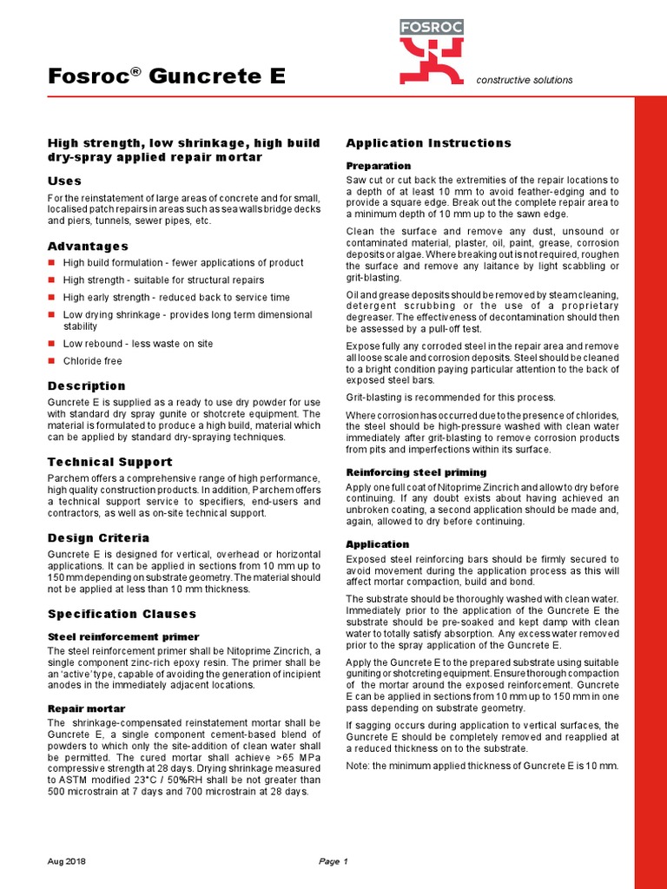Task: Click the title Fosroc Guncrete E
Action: [166, 77]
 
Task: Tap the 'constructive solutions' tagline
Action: [525, 81]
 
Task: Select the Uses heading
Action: [64, 181]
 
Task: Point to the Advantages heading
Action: [88, 247]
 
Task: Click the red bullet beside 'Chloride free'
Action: [51, 361]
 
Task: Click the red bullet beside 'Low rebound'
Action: [51, 344]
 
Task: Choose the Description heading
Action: [86, 385]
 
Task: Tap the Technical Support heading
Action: [109, 462]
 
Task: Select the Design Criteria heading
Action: [98, 538]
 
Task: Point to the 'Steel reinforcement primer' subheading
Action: [123, 637]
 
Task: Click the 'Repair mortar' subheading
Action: [86, 708]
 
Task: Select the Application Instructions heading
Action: [429, 143]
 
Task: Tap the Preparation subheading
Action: [379, 166]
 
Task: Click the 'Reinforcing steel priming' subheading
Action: [416, 472]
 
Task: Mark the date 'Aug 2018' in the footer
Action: [66, 861]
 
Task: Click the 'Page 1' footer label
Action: [333, 861]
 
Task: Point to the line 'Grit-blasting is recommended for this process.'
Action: [451, 398]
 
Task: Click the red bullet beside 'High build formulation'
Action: [51, 262]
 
